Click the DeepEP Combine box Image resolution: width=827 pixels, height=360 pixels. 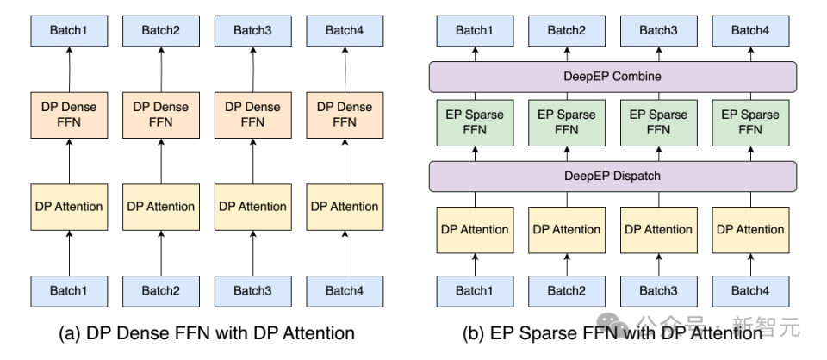point(612,77)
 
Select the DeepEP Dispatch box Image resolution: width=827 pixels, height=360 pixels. point(612,176)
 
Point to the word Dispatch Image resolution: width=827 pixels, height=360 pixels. point(636,176)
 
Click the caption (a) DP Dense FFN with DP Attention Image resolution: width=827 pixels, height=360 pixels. point(207,333)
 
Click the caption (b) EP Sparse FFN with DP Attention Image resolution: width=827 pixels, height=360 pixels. point(612,333)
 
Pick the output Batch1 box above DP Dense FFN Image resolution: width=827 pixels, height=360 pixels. point(69,31)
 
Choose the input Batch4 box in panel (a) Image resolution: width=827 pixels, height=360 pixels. point(345,291)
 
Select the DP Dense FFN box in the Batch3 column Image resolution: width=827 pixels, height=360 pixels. point(253,115)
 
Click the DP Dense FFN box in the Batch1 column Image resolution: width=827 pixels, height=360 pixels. point(69,115)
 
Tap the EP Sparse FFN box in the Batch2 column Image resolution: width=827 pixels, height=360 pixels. point(567,123)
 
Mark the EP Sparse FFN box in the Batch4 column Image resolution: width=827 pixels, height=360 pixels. point(750,123)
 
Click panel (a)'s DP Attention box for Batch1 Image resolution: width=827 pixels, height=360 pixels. point(69,208)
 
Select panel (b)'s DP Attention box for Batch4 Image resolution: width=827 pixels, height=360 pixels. point(750,230)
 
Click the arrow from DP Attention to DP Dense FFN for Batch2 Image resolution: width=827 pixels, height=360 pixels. point(161,161)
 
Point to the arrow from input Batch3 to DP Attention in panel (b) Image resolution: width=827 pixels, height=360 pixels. point(659,264)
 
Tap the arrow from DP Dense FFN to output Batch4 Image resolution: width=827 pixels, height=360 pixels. point(345,70)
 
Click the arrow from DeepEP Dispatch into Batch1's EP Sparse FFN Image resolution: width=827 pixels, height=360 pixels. point(476,153)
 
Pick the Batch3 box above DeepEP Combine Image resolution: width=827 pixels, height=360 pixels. point(659,31)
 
